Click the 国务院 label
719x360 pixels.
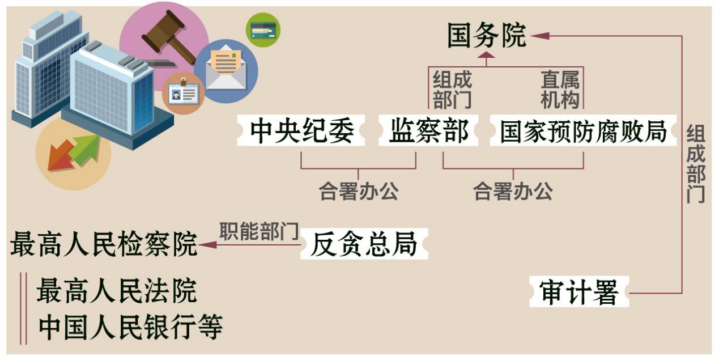tap(486, 36)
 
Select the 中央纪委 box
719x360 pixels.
tap(302, 131)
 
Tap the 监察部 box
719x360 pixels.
tap(429, 131)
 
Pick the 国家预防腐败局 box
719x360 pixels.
tap(582, 131)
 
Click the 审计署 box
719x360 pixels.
tap(579, 293)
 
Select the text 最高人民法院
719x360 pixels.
tap(117, 291)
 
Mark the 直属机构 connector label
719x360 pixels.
tap(560, 90)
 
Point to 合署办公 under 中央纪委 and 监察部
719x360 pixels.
tap(358, 192)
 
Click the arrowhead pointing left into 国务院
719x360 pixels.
tap(540, 36)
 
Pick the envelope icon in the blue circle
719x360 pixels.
tap(226, 70)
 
